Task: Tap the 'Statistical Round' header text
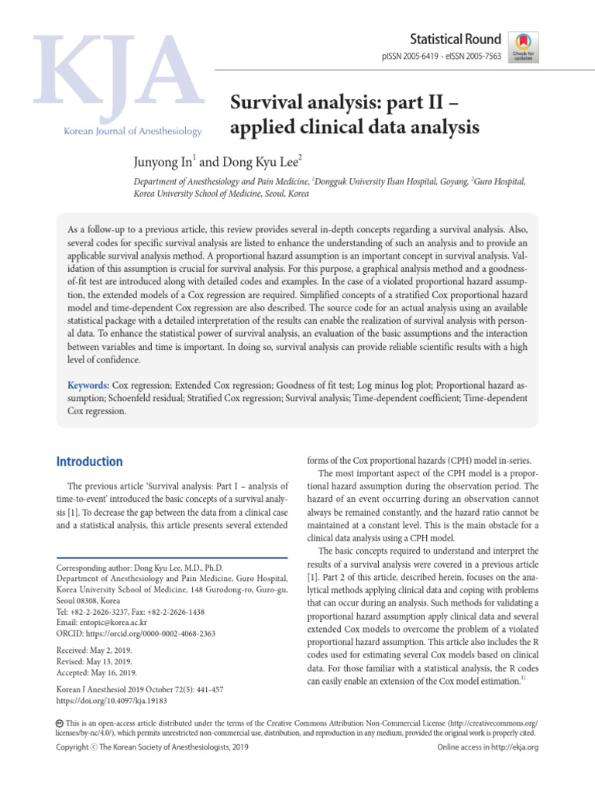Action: [x=456, y=39]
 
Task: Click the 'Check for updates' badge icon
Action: [x=523, y=48]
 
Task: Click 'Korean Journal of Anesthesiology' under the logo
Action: [x=132, y=131]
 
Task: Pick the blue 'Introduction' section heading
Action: [x=90, y=462]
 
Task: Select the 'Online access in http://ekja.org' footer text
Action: [x=487, y=747]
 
